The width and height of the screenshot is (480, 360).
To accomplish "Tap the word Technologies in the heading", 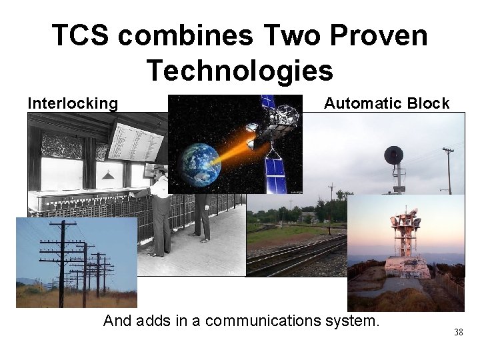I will tap(239, 70).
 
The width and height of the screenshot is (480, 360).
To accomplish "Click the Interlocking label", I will tap(73, 103).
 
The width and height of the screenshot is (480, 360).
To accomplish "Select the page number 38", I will tap(458, 332).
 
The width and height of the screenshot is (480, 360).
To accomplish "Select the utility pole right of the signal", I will tap(448, 170).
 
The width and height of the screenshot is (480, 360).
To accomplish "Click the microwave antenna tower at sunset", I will tap(405, 230).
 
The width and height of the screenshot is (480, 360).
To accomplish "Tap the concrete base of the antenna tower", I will tap(406, 267).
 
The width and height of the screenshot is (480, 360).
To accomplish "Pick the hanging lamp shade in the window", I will tap(107, 175).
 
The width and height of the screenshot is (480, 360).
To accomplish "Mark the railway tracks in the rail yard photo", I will tap(293, 257).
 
